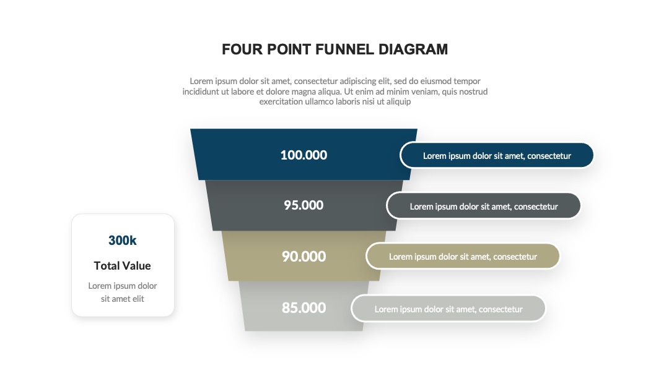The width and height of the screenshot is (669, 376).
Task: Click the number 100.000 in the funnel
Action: (304, 155)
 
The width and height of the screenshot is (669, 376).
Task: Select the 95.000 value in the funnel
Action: (304, 205)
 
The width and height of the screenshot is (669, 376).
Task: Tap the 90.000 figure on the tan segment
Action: (304, 257)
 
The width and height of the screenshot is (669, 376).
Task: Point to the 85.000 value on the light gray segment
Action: (304, 307)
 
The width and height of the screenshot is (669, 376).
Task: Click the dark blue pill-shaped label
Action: (497, 155)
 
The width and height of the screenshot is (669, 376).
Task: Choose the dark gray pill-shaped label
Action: (484, 206)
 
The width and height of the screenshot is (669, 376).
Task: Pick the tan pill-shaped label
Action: (463, 257)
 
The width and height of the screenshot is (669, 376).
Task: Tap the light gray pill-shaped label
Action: (448, 309)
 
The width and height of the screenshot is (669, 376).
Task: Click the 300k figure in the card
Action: (123, 241)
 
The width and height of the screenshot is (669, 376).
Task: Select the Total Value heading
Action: (123, 266)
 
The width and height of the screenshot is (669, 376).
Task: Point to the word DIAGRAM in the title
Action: (413, 49)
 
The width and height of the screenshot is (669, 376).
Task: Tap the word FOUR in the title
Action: (242, 49)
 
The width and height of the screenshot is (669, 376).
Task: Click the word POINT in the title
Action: (289, 49)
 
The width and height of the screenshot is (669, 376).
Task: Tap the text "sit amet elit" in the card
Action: (123, 299)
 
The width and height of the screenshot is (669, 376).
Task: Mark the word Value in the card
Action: (137, 266)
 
